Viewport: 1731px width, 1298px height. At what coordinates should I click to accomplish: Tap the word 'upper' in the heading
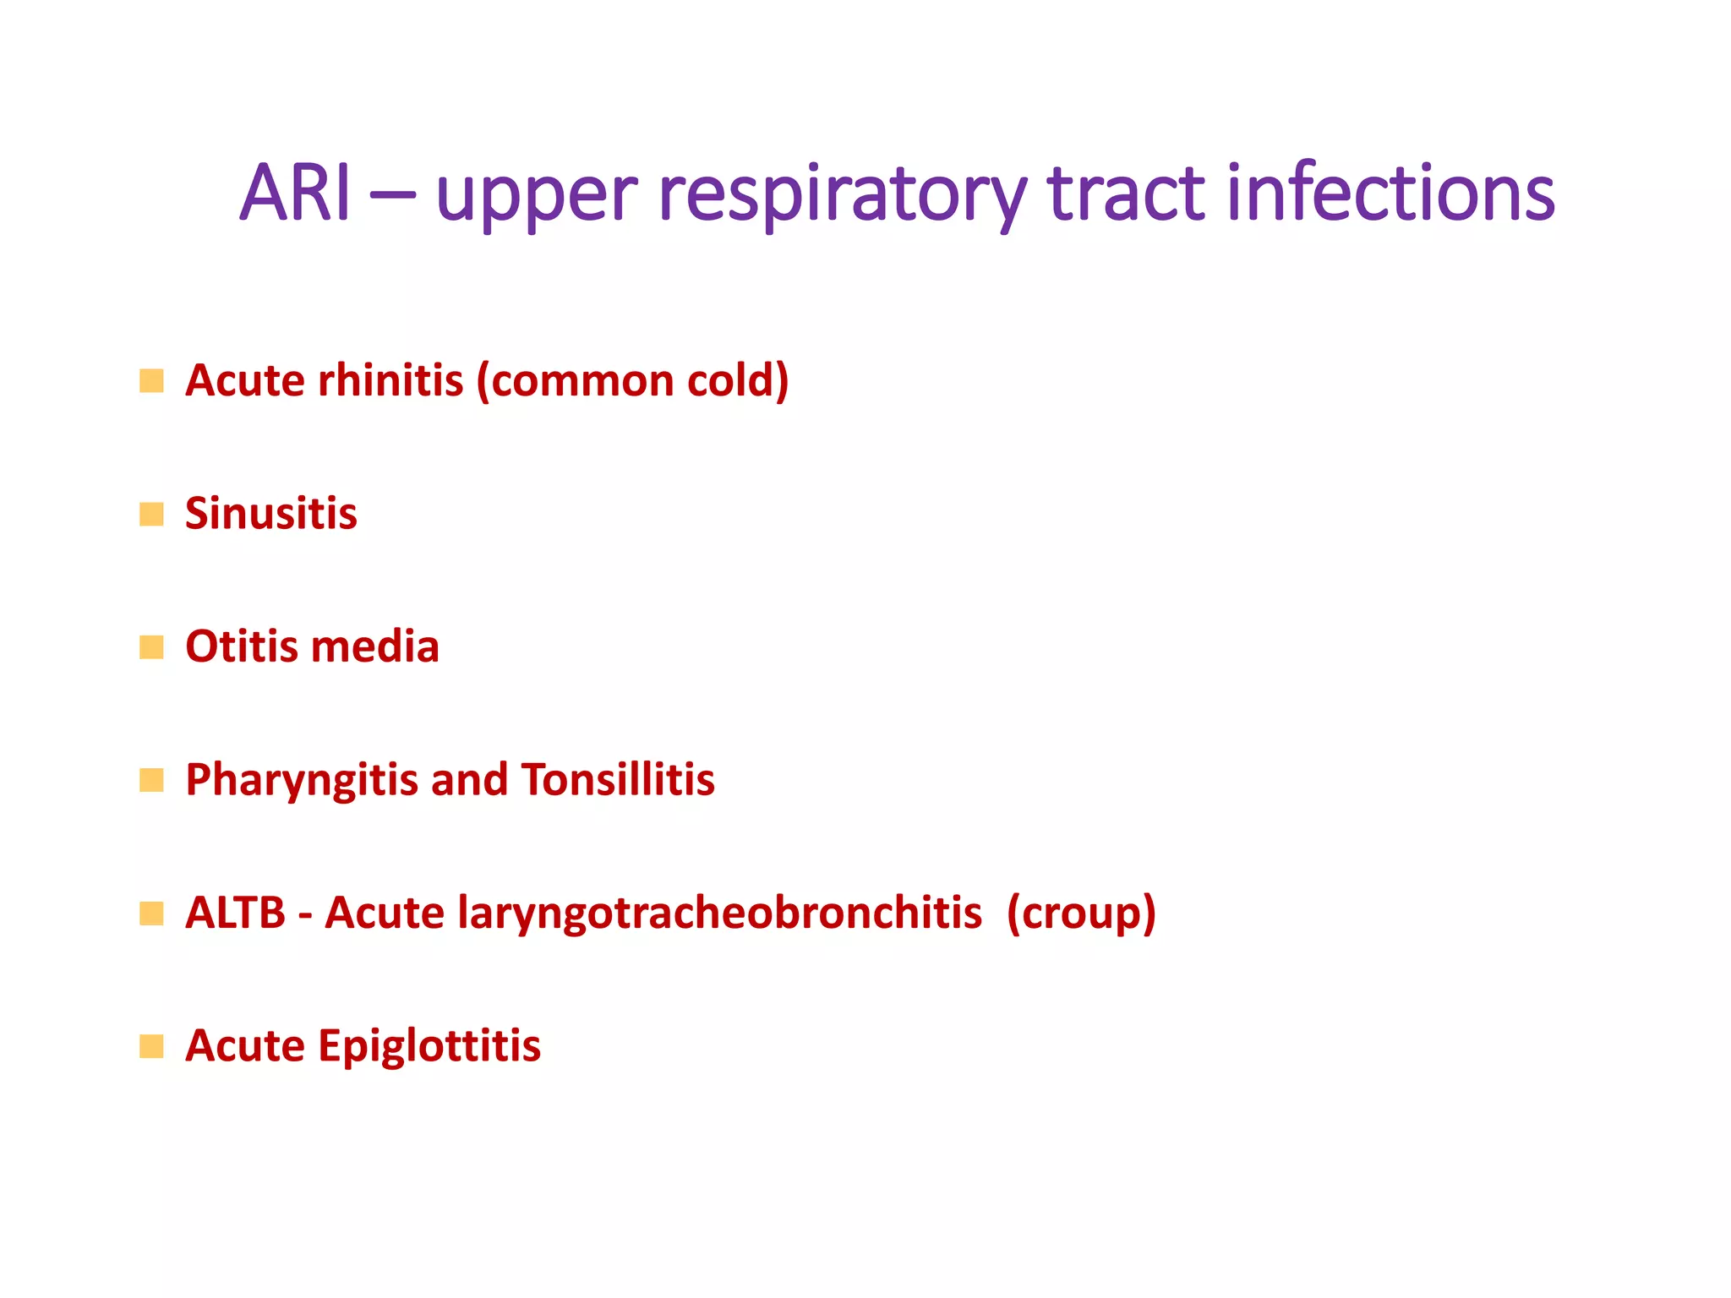coord(536,196)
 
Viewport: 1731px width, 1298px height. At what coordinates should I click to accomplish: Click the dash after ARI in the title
coord(392,196)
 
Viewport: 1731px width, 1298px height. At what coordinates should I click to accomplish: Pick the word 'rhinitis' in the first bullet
coord(390,380)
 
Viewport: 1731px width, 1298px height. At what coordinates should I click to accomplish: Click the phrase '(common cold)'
coord(632,380)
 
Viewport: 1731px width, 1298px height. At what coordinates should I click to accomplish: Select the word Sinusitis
coord(271,513)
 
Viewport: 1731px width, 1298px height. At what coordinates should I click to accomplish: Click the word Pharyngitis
coord(302,780)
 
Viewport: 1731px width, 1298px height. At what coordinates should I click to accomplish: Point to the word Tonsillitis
coord(618,779)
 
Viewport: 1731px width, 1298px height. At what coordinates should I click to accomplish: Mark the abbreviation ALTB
coord(236,913)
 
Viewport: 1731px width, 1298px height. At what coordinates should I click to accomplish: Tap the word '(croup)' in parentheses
coord(1081,914)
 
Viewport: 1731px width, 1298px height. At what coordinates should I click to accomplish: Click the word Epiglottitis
coord(429,1046)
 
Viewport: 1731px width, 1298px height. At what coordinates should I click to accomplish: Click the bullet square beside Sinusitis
coord(151,514)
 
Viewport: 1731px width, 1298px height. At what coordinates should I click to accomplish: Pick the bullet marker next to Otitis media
coord(151,647)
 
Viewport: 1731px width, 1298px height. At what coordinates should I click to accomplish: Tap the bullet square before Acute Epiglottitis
coord(151,1046)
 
